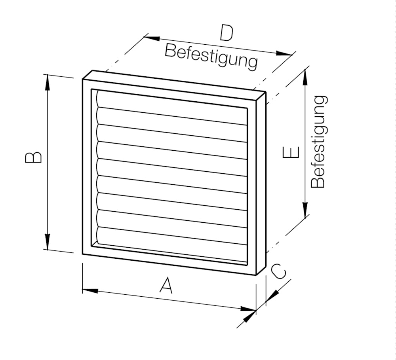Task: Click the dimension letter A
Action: coord(166,285)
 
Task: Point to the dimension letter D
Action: coord(226,34)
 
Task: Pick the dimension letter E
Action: coord(291,152)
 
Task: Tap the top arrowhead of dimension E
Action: coord(305,78)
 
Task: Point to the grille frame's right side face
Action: coord(261,182)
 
